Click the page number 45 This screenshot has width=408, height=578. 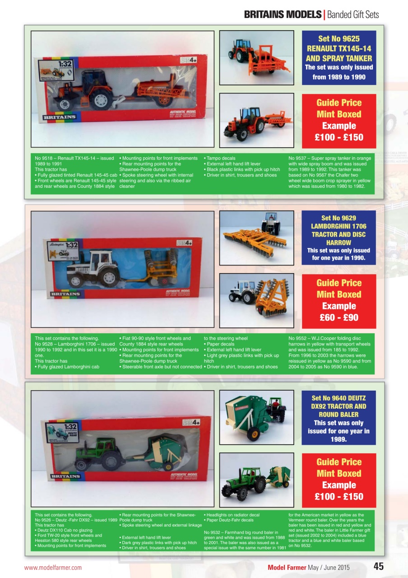click(x=378, y=567)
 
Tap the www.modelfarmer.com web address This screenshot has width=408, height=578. click(x=53, y=568)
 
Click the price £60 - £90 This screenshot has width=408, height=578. click(x=338, y=317)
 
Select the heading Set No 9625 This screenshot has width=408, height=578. click(x=338, y=39)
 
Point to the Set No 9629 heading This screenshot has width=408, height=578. click(x=338, y=218)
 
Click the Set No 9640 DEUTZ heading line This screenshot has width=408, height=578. click(x=338, y=398)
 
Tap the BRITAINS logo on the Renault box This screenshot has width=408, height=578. click(x=60, y=117)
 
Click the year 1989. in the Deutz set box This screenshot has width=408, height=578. click(x=338, y=439)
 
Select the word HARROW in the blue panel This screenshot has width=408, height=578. click(x=338, y=242)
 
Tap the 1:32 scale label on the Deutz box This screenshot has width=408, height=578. click(x=70, y=427)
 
